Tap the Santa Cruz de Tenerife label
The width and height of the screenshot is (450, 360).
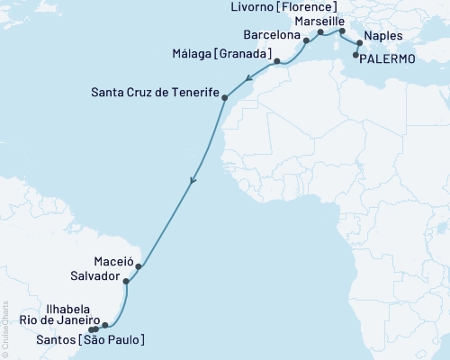click(x=155, y=91)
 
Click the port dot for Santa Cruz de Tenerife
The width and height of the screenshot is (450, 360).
click(x=224, y=96)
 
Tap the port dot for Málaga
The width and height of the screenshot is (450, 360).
click(x=277, y=61)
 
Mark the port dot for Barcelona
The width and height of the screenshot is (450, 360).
click(x=307, y=40)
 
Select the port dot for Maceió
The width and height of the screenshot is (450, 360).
click(x=139, y=266)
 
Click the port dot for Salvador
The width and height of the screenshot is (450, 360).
click(x=126, y=282)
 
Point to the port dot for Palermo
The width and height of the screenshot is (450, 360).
click(x=357, y=55)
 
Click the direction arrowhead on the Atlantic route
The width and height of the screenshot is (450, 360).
click(x=192, y=183)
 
